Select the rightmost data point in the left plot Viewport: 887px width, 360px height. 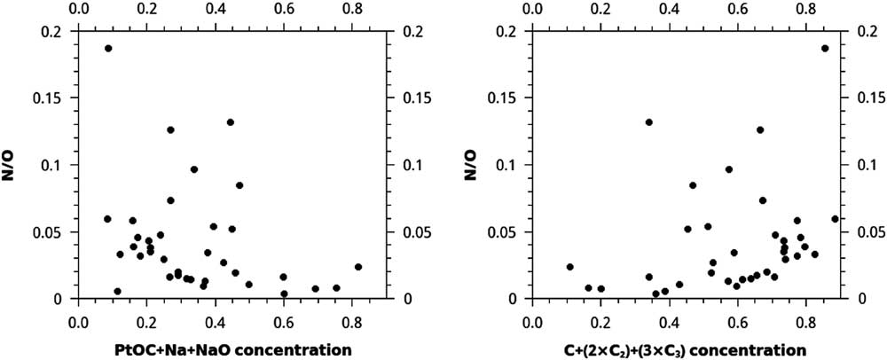(x=358, y=267)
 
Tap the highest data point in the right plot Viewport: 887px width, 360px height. (x=825, y=49)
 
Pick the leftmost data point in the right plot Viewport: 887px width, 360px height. (x=570, y=267)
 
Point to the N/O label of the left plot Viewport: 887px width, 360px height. (x=17, y=165)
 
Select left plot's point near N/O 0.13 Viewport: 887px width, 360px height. (x=231, y=122)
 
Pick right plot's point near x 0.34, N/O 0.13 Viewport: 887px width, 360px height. (x=649, y=122)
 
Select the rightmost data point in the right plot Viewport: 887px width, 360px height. (x=835, y=219)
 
